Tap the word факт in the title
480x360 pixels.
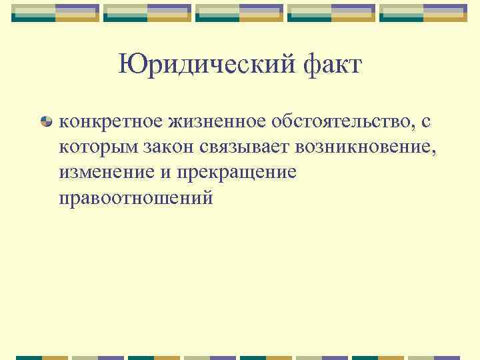pyautogui.click(x=327, y=65)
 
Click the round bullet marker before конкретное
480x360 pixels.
pyautogui.click(x=47, y=122)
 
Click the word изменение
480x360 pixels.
pyautogui.click(x=102, y=172)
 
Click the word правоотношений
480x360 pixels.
pyautogui.click(x=135, y=198)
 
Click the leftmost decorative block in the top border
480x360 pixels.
pyautogui.click(x=56, y=13)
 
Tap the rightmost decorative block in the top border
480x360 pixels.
pyautogui.click(x=424, y=13)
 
